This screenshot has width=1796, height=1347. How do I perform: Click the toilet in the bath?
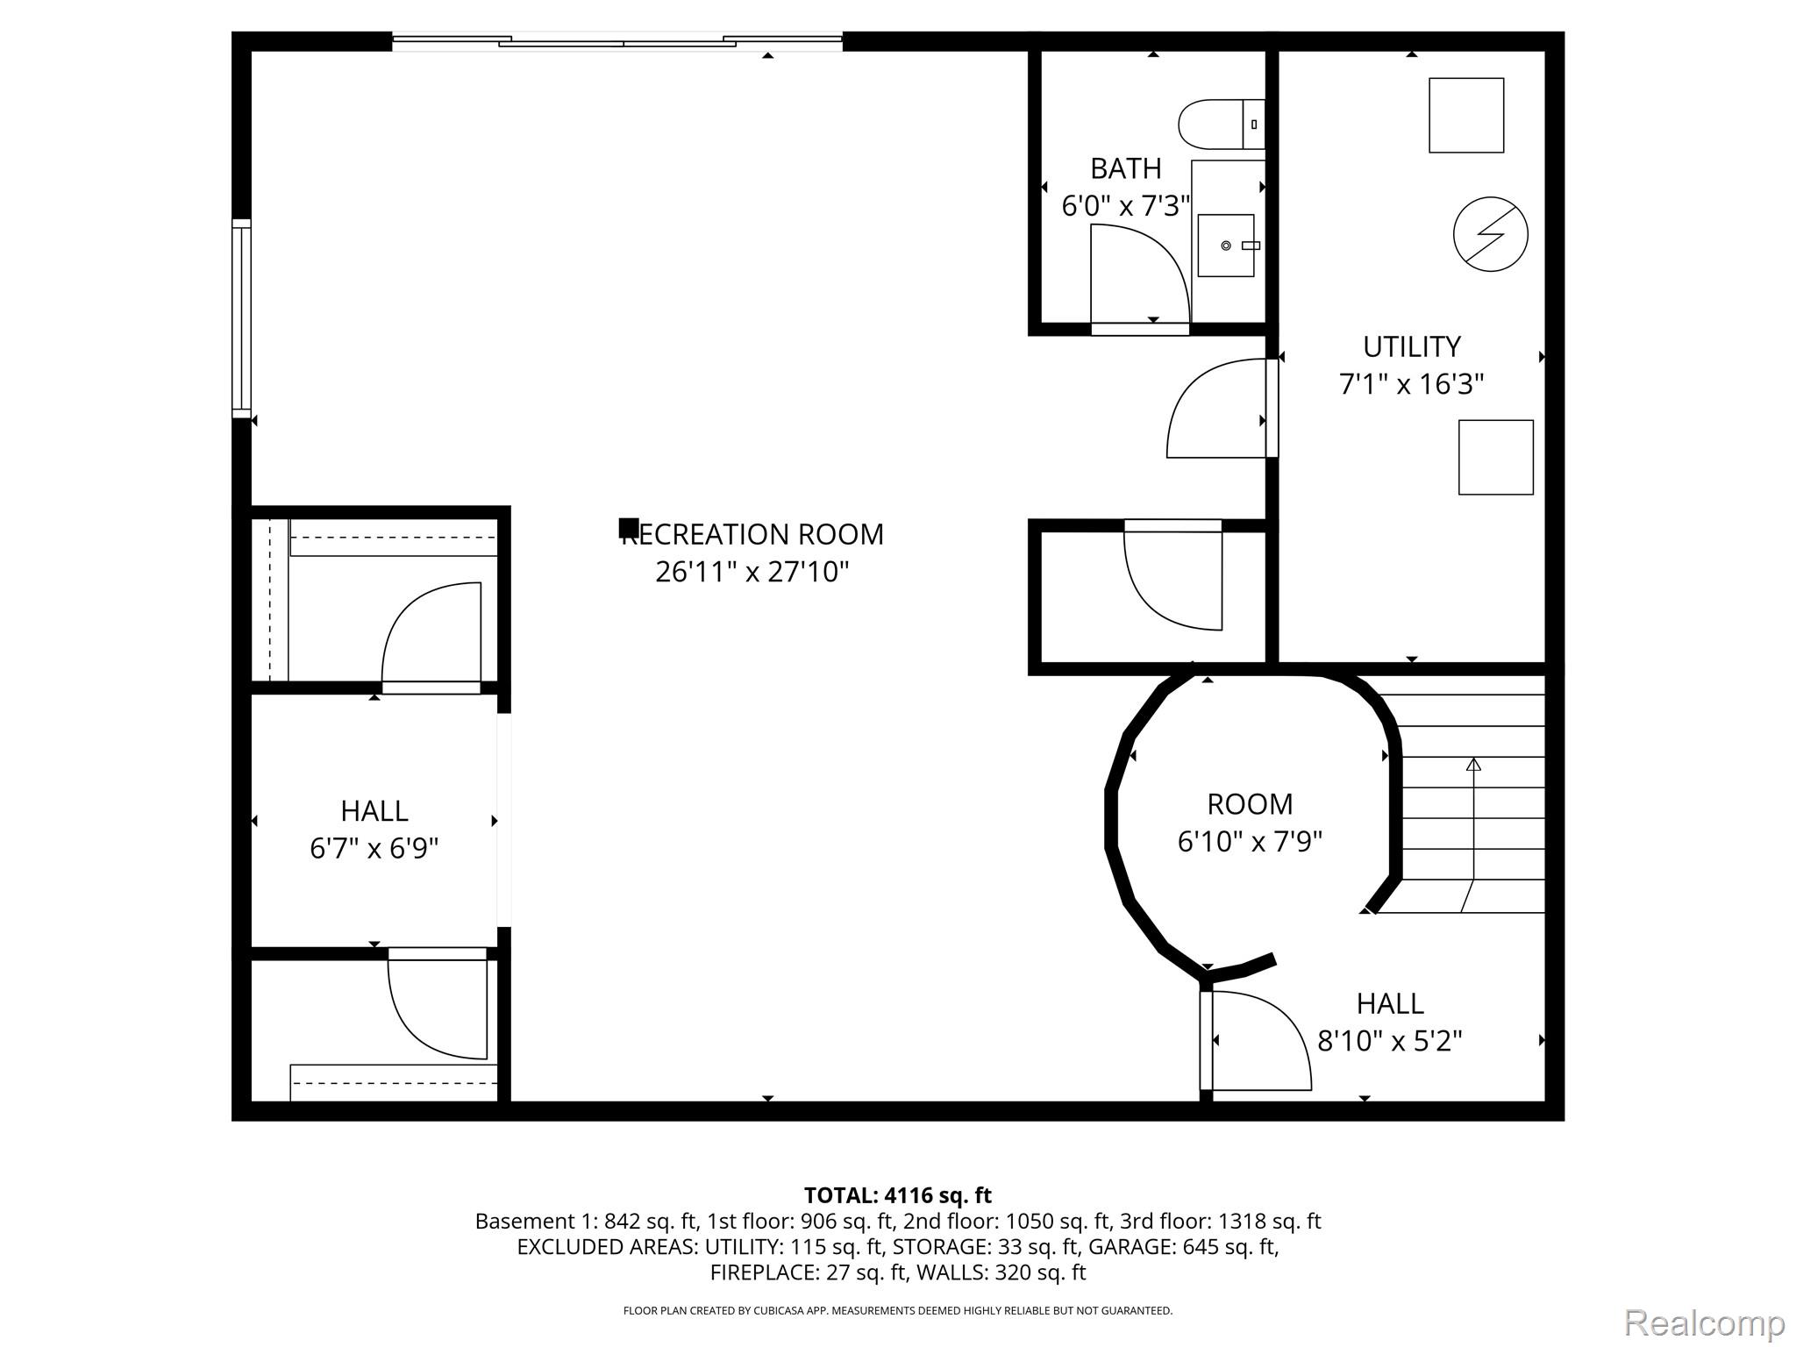tap(1219, 125)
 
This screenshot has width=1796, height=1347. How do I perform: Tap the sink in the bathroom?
tap(1226, 246)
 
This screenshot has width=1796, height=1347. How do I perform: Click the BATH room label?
tap(1125, 168)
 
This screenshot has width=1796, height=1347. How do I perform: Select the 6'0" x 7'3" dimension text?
tap(1125, 206)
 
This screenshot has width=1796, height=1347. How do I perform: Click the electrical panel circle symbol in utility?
tap(1490, 234)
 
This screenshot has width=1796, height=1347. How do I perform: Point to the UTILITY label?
tap(1411, 347)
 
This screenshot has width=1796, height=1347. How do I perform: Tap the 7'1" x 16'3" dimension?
tap(1411, 384)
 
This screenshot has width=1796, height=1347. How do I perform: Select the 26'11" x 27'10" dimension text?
tap(752, 572)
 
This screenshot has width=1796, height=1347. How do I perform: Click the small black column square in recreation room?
tap(628, 528)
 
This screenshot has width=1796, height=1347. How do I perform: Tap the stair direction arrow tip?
tap(1473, 764)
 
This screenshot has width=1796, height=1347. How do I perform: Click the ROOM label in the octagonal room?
tap(1250, 804)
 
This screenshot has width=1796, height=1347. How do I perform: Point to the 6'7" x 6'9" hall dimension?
tap(374, 848)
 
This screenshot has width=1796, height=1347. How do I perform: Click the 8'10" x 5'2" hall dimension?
tap(1390, 1041)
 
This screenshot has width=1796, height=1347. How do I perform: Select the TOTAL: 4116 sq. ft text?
tap(897, 1195)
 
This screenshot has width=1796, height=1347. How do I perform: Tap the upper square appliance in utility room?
tap(1466, 116)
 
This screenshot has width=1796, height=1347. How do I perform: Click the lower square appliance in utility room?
tap(1495, 457)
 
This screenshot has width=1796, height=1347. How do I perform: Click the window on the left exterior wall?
tap(241, 317)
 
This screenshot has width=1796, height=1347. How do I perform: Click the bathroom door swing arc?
tap(1158, 254)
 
